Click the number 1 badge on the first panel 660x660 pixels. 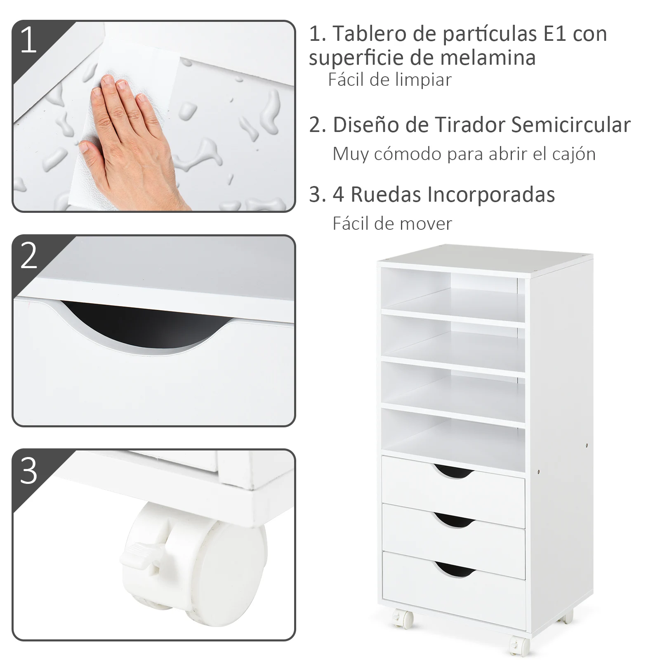point(28,40)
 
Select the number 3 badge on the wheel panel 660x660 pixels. point(28,471)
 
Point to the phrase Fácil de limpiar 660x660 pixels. point(390,80)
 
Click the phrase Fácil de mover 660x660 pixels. point(392,224)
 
